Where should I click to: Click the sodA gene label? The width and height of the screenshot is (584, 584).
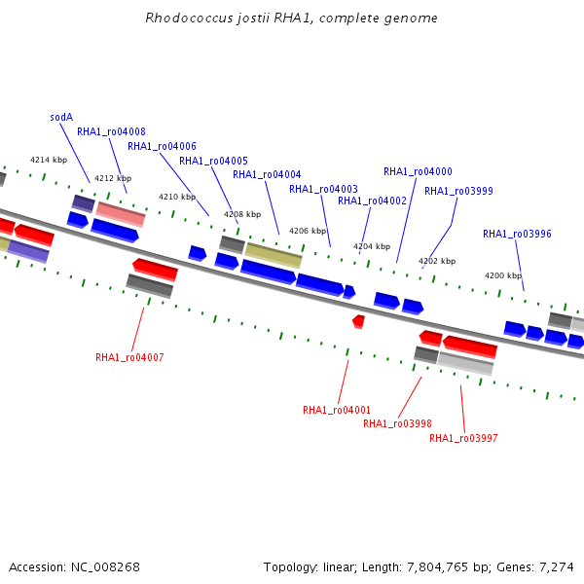click(61, 118)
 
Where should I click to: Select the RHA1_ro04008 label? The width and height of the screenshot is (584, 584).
click(111, 131)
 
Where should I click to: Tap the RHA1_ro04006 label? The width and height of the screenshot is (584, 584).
click(162, 146)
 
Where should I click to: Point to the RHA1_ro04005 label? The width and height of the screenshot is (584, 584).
click(213, 161)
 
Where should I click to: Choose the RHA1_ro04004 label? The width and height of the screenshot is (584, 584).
click(267, 174)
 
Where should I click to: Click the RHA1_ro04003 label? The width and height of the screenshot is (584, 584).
click(324, 189)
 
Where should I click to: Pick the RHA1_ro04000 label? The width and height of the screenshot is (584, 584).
click(418, 171)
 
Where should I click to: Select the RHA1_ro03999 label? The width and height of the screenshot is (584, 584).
click(458, 191)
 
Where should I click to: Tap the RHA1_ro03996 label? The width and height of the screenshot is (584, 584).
click(518, 234)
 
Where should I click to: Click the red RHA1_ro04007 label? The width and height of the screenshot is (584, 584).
click(129, 357)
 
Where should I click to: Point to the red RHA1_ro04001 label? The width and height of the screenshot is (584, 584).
click(337, 410)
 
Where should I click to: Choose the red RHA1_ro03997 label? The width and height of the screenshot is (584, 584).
click(463, 438)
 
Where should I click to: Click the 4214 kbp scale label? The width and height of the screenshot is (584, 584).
click(49, 161)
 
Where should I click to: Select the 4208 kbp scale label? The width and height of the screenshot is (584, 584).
click(242, 214)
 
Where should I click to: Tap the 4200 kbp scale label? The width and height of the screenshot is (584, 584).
click(503, 275)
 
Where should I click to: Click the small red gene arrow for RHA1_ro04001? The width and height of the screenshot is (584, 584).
click(359, 322)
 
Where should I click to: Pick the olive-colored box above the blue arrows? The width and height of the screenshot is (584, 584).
click(274, 255)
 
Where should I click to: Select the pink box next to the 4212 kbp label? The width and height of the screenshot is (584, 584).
click(121, 214)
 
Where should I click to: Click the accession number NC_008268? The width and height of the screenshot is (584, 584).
click(105, 567)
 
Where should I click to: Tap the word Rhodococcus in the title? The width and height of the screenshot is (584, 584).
click(189, 18)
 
